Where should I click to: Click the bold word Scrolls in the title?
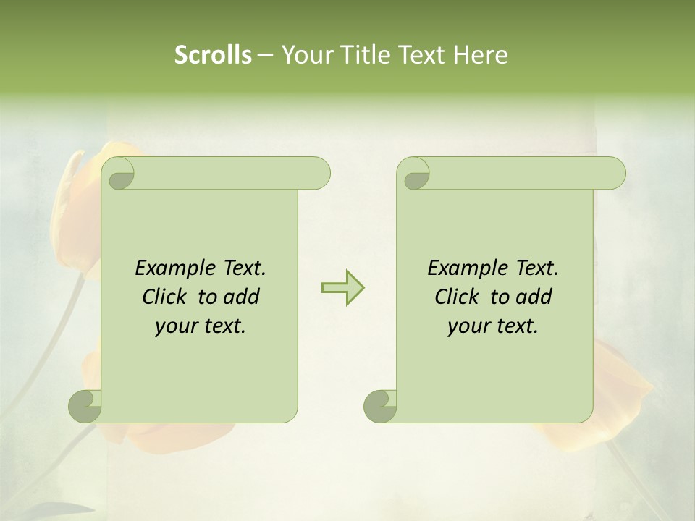tap(213, 55)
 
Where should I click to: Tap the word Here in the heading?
tap(481, 55)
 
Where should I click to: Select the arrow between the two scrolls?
tap(342, 287)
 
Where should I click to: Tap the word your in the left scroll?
tap(176, 326)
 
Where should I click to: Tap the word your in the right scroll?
tap(468, 326)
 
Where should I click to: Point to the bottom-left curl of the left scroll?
tap(85, 405)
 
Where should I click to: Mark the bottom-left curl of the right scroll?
tap(380, 405)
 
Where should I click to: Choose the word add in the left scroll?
tap(243, 297)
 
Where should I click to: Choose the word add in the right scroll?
tap(535, 297)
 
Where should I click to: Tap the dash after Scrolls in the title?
tap(265, 55)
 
